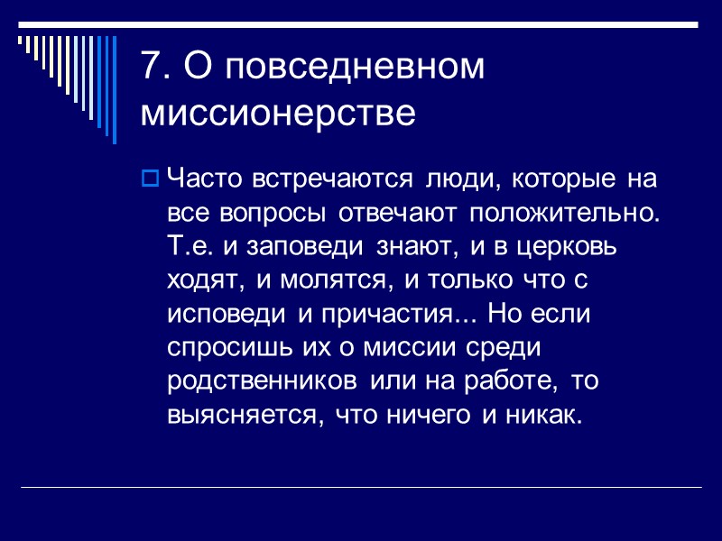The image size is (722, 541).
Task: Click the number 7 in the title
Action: click(x=150, y=69)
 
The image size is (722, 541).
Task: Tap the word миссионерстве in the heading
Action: click(x=279, y=115)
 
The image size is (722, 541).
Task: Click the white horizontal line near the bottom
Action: click(x=361, y=488)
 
